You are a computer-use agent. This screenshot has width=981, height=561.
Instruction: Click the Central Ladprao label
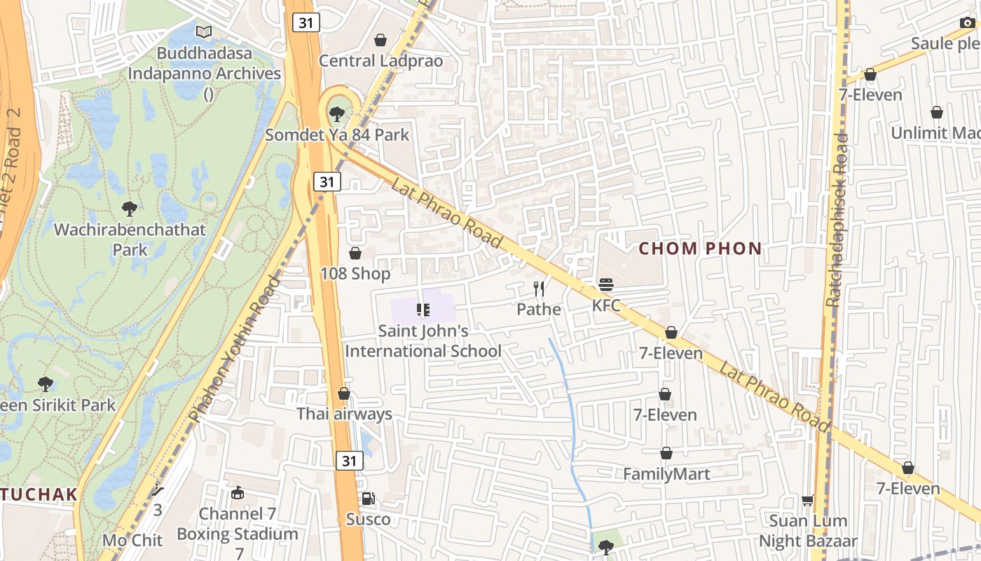click(380, 61)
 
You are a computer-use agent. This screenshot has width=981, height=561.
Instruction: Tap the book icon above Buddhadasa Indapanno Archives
click(204, 32)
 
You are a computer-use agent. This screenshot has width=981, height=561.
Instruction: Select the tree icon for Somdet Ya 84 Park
click(337, 113)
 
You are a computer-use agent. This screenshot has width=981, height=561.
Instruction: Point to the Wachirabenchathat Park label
click(130, 239)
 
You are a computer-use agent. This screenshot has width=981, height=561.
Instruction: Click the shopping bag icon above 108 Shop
click(355, 253)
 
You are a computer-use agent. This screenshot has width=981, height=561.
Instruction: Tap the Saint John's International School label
click(423, 340)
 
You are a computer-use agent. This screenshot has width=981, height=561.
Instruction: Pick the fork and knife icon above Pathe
click(539, 288)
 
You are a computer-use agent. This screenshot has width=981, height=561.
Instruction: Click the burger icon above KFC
click(606, 285)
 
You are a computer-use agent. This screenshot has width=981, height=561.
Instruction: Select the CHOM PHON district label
click(700, 248)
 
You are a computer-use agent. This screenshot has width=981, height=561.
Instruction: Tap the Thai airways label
click(344, 414)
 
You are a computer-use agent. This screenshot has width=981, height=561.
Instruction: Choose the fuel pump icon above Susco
click(368, 499)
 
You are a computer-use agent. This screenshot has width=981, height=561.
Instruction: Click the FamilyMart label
click(666, 474)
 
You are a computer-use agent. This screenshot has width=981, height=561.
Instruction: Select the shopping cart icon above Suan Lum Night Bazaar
click(808, 500)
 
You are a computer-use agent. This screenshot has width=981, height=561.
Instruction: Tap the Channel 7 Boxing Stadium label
click(238, 524)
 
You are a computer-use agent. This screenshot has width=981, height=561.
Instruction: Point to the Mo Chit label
click(132, 540)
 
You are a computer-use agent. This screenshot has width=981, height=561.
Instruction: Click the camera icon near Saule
click(967, 23)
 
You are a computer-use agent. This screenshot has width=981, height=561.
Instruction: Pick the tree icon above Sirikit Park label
click(46, 384)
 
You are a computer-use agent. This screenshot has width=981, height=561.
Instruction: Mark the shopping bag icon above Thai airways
click(343, 393)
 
